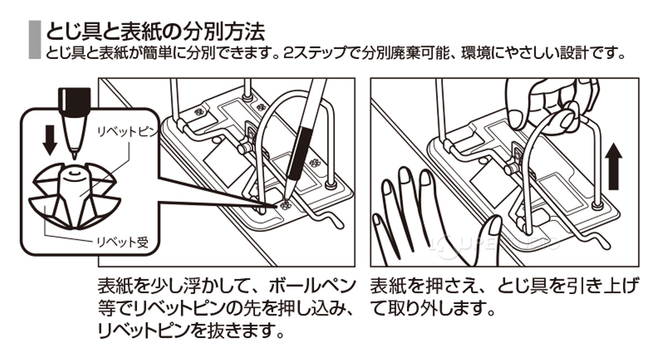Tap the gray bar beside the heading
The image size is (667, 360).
[x=34, y=40]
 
